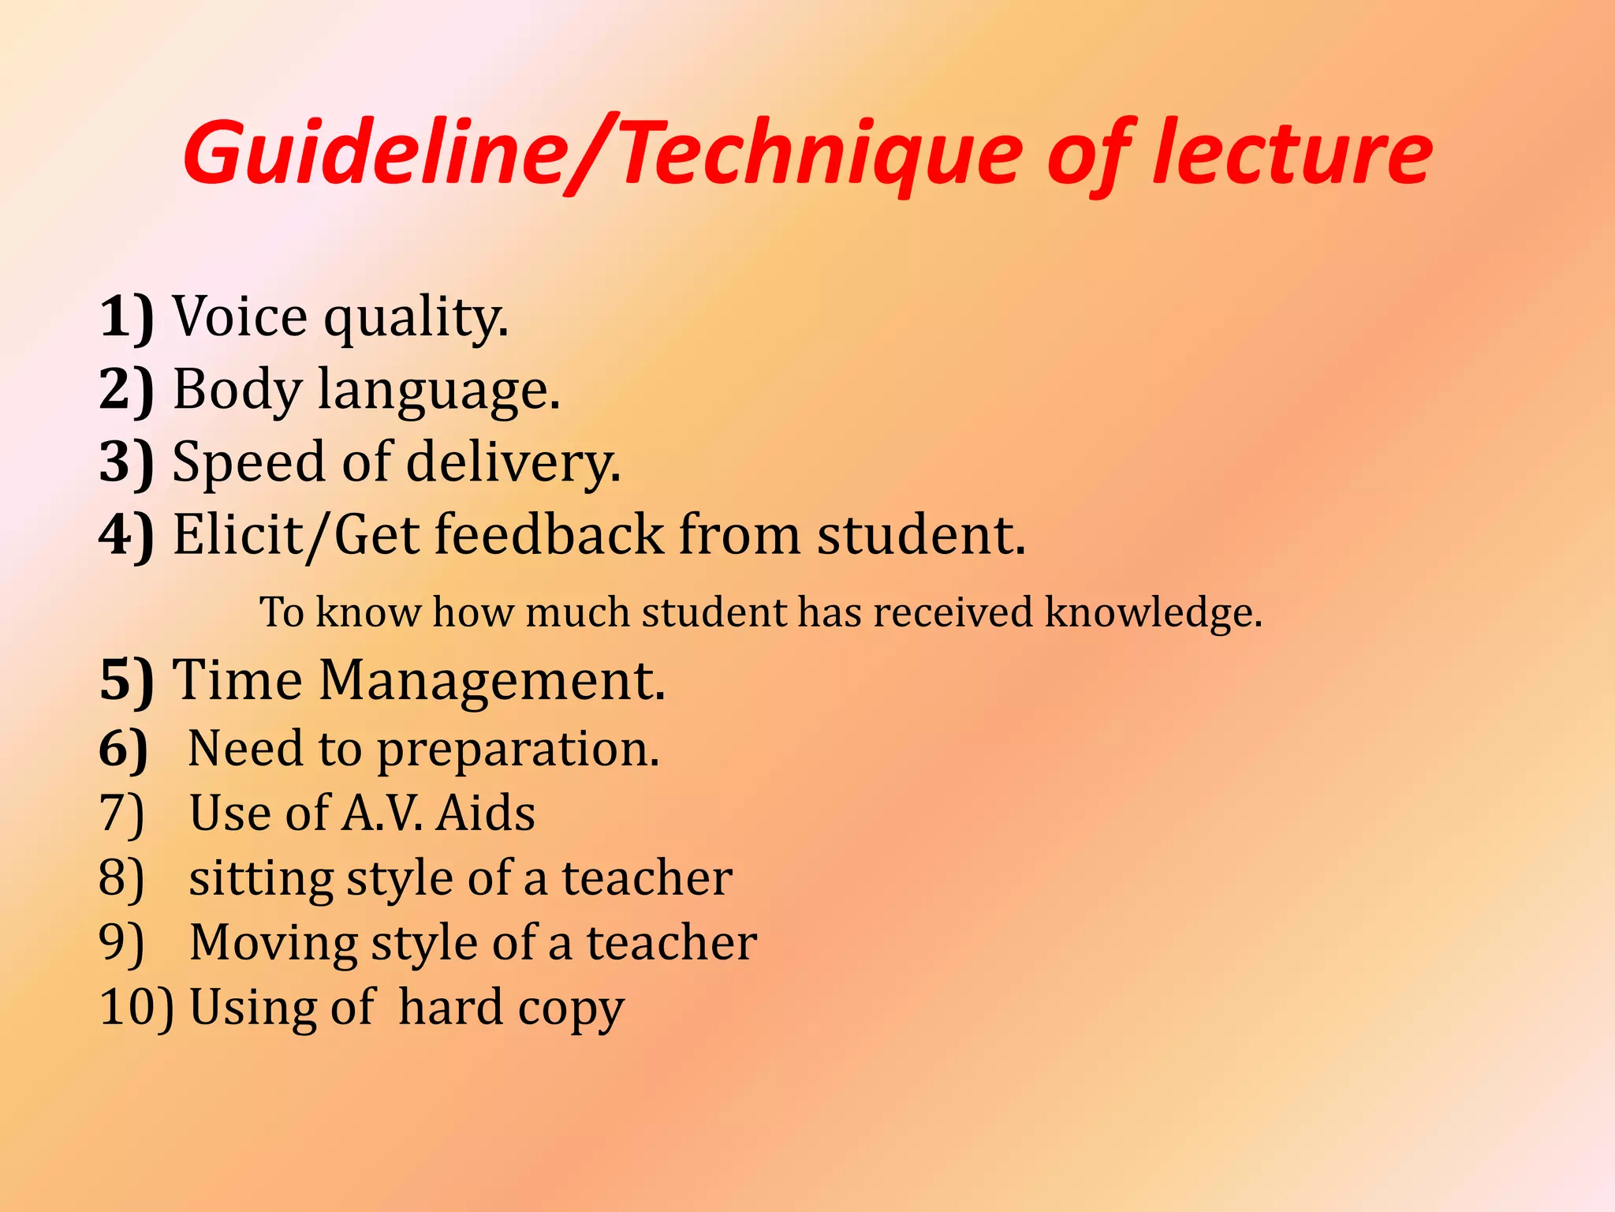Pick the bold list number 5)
126,680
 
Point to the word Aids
486,814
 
